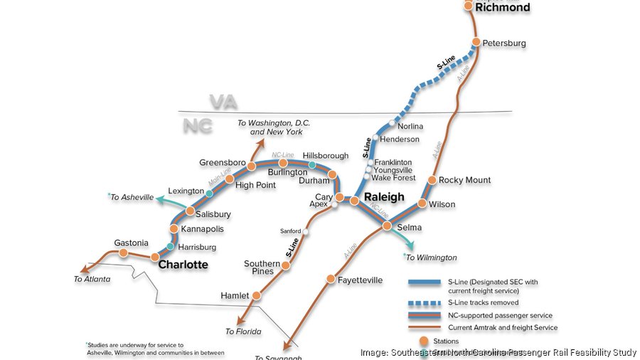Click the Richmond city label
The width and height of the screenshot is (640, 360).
click(x=503, y=8)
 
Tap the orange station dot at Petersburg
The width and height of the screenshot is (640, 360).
click(x=476, y=42)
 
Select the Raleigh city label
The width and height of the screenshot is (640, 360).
click(x=384, y=197)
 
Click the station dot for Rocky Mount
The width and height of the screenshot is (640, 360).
click(x=432, y=180)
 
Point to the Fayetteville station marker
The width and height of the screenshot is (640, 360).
click(x=331, y=279)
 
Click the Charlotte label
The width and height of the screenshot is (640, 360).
click(x=183, y=265)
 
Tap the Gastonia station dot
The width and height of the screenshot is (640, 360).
click(x=123, y=253)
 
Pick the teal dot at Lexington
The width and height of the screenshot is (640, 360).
click(x=209, y=193)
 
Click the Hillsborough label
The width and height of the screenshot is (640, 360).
click(x=326, y=156)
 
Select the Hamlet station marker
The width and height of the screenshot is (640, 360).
click(x=257, y=295)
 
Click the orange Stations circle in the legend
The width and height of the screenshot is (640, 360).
click(x=425, y=340)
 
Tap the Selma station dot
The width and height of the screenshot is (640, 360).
click(x=387, y=226)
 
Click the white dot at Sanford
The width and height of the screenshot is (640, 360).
click(x=306, y=232)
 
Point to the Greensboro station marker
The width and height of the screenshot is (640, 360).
click(x=252, y=164)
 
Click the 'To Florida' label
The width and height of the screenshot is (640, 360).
click(x=244, y=332)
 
